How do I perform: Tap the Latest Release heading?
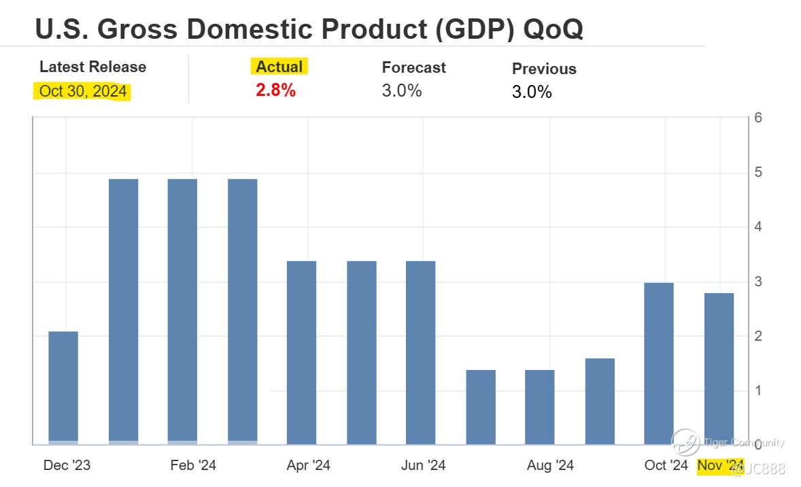coord(92,67)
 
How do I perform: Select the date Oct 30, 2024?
coord(83,91)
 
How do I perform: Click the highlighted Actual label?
coord(279,67)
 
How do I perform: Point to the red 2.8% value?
coord(275,90)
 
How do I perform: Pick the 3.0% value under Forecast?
coord(402,90)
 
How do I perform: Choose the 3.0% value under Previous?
coord(532,92)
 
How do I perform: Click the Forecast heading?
coord(413,67)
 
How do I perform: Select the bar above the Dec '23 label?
coord(63,388)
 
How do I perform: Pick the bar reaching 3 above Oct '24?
coord(659,363)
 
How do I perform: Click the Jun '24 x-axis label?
coord(424,465)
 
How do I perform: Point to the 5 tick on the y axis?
coord(758,172)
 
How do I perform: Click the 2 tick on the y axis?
coord(758,336)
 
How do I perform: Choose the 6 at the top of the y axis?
coord(758,118)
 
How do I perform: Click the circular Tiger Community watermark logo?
coord(685,443)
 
